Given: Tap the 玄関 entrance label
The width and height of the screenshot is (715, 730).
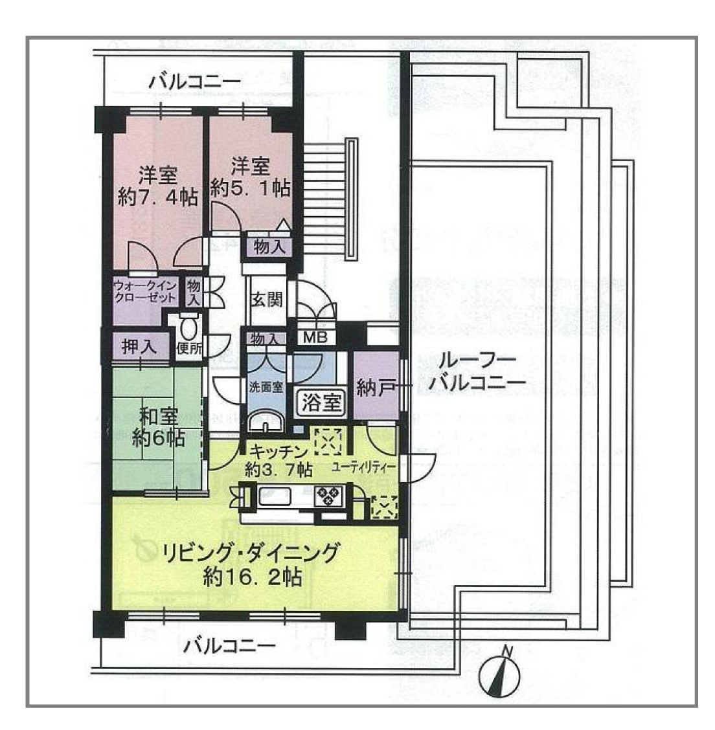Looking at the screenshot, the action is click(x=267, y=300).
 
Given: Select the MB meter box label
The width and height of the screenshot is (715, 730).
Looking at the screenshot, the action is click(x=315, y=337).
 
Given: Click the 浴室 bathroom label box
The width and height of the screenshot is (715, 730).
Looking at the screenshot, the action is click(x=321, y=402).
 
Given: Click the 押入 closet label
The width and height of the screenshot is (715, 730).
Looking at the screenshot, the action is click(x=139, y=347).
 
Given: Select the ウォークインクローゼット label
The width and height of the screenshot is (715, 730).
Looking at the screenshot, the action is click(x=145, y=291).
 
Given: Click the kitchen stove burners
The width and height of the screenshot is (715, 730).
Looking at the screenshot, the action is click(x=329, y=495).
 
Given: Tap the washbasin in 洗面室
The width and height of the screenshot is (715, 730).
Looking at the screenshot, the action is click(x=265, y=423).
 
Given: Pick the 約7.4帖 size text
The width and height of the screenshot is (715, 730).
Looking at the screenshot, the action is click(x=157, y=197).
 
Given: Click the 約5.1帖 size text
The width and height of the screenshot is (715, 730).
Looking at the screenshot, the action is click(x=251, y=188).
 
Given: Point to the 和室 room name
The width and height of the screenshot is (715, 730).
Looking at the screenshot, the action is click(x=159, y=415).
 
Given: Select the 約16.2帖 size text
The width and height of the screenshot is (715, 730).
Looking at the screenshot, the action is click(x=253, y=577).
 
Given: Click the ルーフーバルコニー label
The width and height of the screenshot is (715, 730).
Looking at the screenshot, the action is click(x=477, y=371).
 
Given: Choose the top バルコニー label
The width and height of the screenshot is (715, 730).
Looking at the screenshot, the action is click(x=195, y=82).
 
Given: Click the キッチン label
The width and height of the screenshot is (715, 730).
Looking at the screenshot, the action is click(x=278, y=451).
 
